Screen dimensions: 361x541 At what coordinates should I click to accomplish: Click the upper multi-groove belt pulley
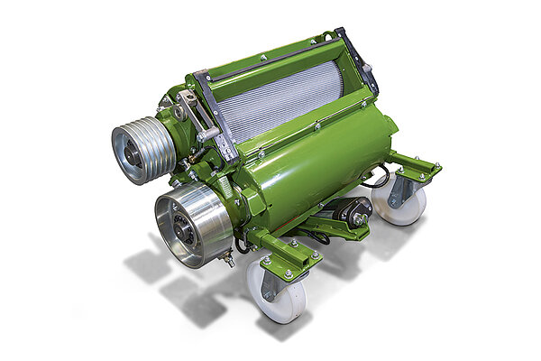[142, 150]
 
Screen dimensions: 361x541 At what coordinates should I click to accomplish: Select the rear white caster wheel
[398, 205]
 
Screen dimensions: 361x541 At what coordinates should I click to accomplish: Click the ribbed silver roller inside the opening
[279, 98]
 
